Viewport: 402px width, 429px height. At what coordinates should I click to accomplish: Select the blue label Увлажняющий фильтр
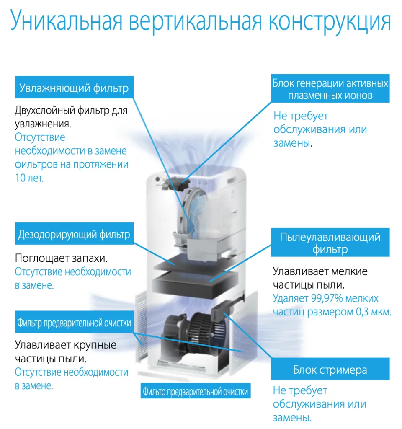[x=74, y=88]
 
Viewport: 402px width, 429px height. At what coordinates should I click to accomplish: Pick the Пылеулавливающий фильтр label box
[x=330, y=243]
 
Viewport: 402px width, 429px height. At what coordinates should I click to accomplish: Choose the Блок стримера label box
[x=330, y=370]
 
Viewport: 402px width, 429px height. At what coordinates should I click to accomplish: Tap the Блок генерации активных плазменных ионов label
[x=330, y=89]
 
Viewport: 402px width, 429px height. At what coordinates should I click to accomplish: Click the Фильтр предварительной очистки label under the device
[x=195, y=392]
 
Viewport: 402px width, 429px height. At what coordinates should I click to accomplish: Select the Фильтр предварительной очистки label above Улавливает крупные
[x=74, y=323]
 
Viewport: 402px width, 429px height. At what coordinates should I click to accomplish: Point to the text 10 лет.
[x=29, y=178]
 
